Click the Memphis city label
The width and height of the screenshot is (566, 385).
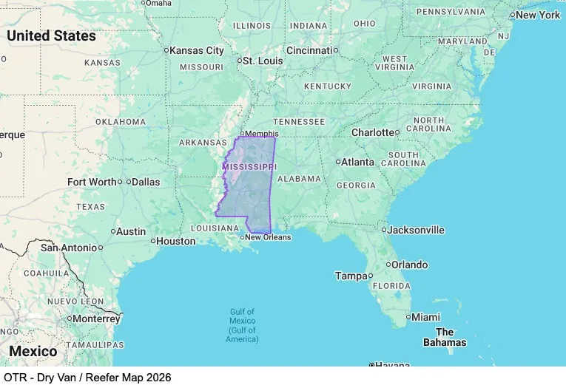click(x=261, y=134)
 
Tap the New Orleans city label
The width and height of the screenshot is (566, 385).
click(x=268, y=237)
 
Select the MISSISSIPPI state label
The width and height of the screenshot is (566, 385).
click(x=249, y=167)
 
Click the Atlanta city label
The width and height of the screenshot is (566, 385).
click(x=357, y=162)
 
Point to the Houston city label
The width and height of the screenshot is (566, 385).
click(x=176, y=241)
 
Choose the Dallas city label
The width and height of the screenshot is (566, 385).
click(x=146, y=181)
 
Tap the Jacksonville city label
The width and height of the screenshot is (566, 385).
click(x=417, y=230)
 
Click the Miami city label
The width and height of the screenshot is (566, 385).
click(x=425, y=317)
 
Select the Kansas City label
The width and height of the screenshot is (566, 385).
click(x=196, y=50)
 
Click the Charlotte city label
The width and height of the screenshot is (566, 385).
click(x=373, y=132)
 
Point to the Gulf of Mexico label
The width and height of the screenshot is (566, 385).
click(x=243, y=325)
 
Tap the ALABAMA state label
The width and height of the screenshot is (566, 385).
click(x=300, y=178)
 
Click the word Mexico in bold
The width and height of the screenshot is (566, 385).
click(x=33, y=351)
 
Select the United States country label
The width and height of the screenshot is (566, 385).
click(x=51, y=35)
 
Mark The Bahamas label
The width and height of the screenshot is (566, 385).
click(x=445, y=337)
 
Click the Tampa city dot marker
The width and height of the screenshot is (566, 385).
click(x=370, y=276)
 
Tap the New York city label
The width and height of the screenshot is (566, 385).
click(x=538, y=15)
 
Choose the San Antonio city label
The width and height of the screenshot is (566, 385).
click(x=68, y=248)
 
